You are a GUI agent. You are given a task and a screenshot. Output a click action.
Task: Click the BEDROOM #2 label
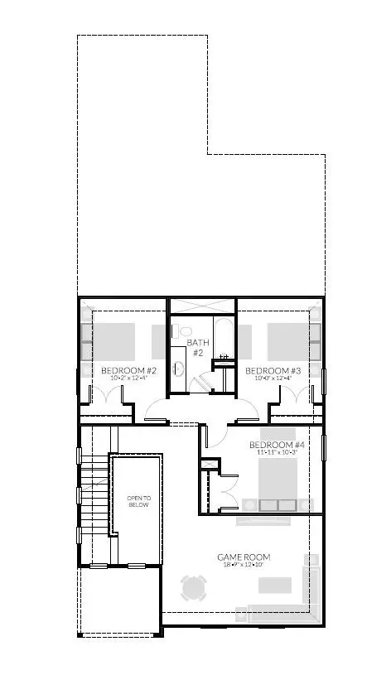pyautogui.click(x=128, y=369)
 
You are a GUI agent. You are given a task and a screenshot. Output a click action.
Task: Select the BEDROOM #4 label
pyautogui.click(x=277, y=444)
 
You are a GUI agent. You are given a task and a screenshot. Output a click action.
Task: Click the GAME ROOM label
pyautogui.click(x=244, y=557)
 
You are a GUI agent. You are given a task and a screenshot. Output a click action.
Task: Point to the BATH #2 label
pyautogui.click(x=198, y=347)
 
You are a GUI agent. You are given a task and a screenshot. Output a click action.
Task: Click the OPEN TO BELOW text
pyautogui.click(x=138, y=501)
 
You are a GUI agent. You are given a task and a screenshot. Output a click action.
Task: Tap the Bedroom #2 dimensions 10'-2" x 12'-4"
pyautogui.click(x=128, y=378)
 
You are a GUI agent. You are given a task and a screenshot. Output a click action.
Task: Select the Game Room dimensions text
pyautogui.click(x=244, y=566)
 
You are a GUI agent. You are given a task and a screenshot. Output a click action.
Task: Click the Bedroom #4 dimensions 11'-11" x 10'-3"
pyautogui.click(x=277, y=453)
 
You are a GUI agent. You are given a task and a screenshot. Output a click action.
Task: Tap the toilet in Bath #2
pyautogui.click(x=185, y=331)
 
